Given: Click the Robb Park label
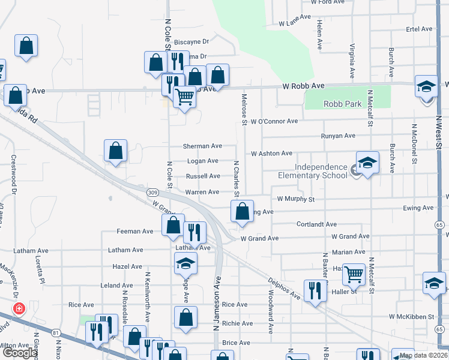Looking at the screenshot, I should [342, 104].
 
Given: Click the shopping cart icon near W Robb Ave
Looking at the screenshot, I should [184, 96].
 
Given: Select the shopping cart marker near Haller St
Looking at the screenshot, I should [354, 274].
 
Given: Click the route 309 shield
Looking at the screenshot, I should [153, 192].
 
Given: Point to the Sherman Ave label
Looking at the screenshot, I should [202, 146].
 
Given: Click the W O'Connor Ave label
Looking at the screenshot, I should [274, 121].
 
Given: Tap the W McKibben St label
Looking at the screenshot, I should [411, 316].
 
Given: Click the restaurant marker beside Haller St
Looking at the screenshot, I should [314, 290].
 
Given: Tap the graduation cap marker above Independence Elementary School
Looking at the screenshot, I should [367, 162].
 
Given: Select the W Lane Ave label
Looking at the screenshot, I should [294, 23].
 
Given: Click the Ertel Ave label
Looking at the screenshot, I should [420, 29].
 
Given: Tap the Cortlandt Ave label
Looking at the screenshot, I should [316, 224].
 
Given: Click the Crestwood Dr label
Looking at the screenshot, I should [14, 175].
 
